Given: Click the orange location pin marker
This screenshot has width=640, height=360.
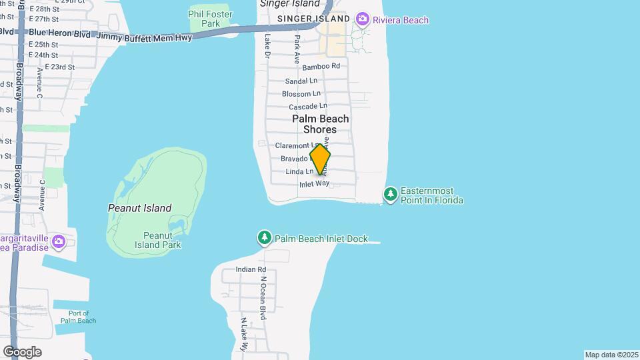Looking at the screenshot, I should pyautogui.click(x=320, y=159).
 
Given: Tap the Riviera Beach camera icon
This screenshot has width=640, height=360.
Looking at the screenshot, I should pyautogui.click(x=363, y=19).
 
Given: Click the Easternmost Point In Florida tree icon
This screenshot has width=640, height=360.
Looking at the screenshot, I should pyautogui.click(x=390, y=195).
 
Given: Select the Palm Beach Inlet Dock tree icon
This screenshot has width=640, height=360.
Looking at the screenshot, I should pyautogui.click(x=265, y=237).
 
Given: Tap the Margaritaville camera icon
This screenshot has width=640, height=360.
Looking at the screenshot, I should pyautogui.click(x=59, y=241).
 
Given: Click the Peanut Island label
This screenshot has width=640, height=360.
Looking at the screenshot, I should pyautogui.click(x=139, y=208).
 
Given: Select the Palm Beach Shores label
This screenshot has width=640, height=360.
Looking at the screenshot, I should pyautogui.click(x=320, y=124).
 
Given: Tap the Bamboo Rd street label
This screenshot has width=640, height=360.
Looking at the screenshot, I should pyautogui.click(x=321, y=67).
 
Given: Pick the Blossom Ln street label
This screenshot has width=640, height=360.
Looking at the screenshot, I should pyautogui.click(x=301, y=94).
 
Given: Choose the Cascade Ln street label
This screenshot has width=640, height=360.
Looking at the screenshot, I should pyautogui.click(x=308, y=107).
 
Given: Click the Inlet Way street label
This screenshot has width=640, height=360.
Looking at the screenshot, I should pyautogui.click(x=315, y=184).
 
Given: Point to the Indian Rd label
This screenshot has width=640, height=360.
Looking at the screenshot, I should pyautogui.click(x=251, y=269).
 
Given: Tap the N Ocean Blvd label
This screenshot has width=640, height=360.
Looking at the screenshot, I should pyautogui.click(x=264, y=297).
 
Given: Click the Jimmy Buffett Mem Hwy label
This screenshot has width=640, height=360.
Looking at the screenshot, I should pyautogui.click(x=144, y=37).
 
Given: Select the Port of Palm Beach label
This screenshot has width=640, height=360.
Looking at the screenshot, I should pyautogui.click(x=79, y=317).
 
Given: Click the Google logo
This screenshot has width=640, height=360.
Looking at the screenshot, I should pyautogui.click(x=22, y=351).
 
